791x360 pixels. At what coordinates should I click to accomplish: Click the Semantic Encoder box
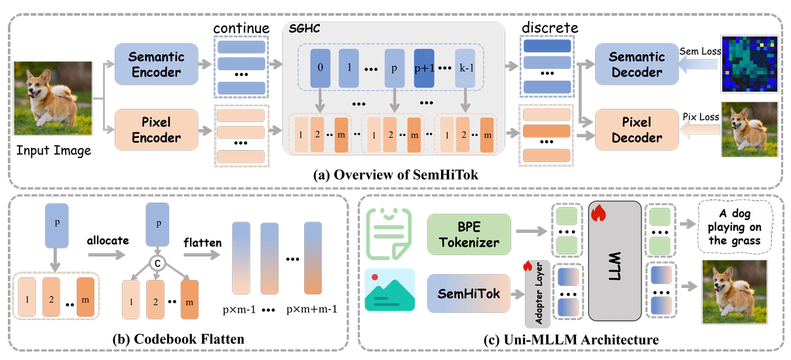tap(156, 64)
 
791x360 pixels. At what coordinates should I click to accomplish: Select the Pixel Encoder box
tap(156, 130)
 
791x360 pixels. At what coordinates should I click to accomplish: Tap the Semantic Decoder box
tap(637, 64)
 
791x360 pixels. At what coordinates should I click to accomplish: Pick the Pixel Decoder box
tap(637, 130)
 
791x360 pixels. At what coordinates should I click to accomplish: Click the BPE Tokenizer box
tap(469, 234)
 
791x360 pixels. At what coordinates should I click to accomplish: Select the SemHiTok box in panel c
tap(469, 294)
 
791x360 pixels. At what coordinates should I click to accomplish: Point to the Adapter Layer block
tap(537, 294)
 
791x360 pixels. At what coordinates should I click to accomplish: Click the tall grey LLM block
tap(615, 261)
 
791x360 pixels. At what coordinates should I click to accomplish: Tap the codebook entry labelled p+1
tap(424, 68)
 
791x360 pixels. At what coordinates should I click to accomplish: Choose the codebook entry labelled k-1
tap(465, 68)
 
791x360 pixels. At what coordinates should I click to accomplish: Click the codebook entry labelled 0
tap(320, 68)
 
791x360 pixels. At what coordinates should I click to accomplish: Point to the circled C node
tap(157, 263)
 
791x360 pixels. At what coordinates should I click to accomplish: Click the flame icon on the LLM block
tap(598, 213)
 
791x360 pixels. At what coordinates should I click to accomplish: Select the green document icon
tap(389, 233)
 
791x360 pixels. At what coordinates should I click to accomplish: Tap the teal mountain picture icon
tap(389, 290)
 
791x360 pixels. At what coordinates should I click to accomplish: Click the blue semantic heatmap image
tap(749, 64)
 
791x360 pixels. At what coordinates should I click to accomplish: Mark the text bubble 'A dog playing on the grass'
tap(735, 227)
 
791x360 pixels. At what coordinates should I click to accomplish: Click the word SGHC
tap(304, 29)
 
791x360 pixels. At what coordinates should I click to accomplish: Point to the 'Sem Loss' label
tap(700, 52)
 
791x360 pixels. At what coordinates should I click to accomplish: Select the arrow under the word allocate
tap(106, 254)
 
